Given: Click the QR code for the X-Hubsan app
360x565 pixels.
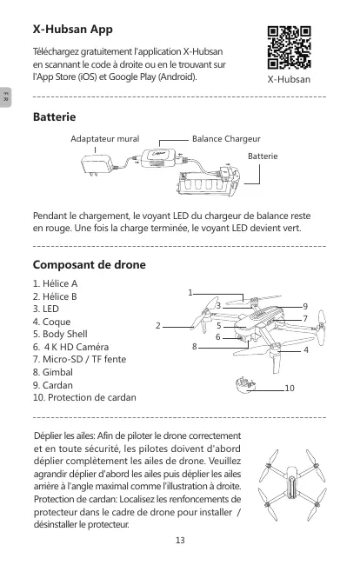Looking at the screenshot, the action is click(x=289, y=47).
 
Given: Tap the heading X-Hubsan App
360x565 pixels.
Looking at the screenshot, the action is click(x=73, y=30).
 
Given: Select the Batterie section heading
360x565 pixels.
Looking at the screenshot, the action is click(x=55, y=116).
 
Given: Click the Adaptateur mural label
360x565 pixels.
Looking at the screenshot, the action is click(x=105, y=139).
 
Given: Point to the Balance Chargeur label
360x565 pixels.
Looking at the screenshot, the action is click(x=226, y=139).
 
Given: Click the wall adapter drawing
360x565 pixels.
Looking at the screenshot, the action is click(x=97, y=165).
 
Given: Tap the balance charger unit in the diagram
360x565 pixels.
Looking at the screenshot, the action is click(x=158, y=158).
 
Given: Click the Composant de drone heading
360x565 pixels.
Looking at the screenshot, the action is click(x=90, y=265).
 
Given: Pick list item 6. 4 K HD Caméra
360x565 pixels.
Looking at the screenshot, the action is click(x=70, y=347).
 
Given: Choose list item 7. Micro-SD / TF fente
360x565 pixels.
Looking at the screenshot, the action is click(x=79, y=359).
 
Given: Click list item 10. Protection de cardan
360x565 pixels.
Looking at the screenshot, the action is click(x=84, y=397).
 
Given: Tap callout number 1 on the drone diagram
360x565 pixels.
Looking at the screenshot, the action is click(x=190, y=293).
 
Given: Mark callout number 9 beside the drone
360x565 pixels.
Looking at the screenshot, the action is click(x=305, y=306).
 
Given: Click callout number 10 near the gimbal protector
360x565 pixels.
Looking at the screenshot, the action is click(x=290, y=388).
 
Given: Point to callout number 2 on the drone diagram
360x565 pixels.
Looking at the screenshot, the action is click(x=158, y=326).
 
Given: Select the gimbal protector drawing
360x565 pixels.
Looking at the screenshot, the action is click(x=245, y=385).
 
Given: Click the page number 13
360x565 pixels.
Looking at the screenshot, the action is click(x=180, y=540).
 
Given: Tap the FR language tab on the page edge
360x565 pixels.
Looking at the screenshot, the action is click(x=5, y=97).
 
